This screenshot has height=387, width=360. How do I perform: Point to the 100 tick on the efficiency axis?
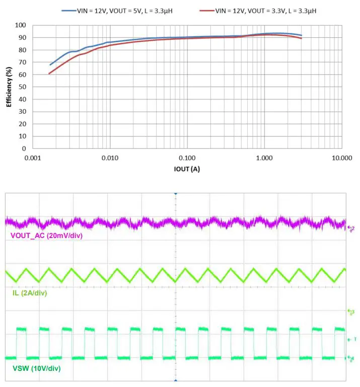[21, 25]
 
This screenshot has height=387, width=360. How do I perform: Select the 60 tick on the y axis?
[22, 74]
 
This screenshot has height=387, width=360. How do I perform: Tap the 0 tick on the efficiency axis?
[24, 149]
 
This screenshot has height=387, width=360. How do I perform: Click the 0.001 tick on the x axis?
[32, 158]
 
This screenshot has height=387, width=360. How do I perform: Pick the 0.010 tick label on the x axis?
[110, 158]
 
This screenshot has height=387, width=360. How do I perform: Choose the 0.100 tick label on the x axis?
[187, 158]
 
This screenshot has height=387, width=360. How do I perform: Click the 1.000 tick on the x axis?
[264, 158]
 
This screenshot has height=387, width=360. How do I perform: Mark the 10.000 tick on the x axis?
[341, 158]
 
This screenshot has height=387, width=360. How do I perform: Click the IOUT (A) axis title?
[187, 169]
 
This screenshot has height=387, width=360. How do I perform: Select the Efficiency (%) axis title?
[9, 87]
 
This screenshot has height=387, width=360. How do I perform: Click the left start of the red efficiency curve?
[49, 73]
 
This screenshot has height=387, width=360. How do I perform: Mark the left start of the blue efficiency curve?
[50, 64]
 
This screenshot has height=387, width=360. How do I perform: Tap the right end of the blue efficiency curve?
[301, 35]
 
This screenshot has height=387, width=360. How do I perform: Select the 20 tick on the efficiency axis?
[22, 124]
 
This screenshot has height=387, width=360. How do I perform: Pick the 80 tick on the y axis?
[22, 50]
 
